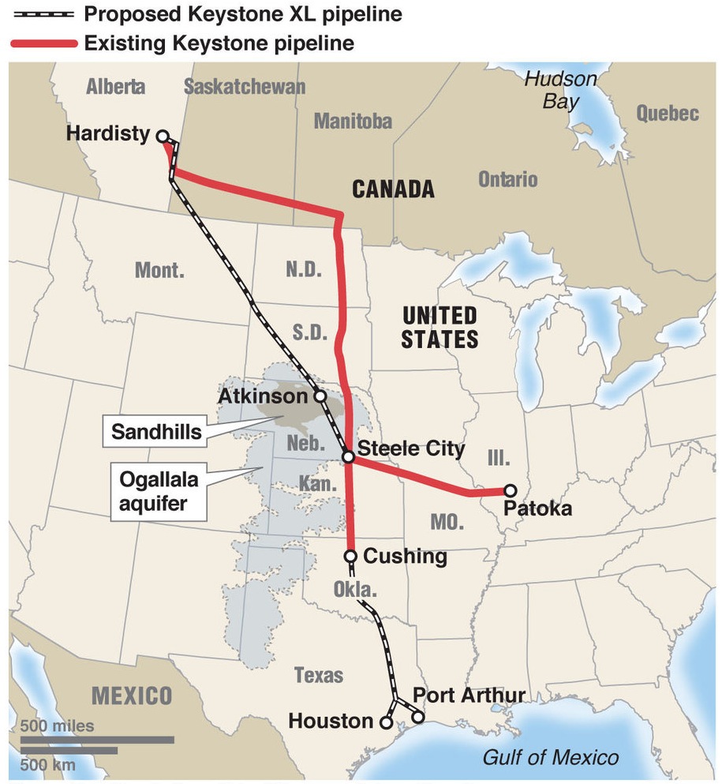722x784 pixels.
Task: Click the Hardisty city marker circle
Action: coord(163,136)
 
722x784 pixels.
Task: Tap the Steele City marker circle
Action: coord(347,456)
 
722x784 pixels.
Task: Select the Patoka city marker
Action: coord(510,490)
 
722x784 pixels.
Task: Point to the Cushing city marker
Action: coord(350,557)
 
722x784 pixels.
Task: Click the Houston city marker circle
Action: coord(386,722)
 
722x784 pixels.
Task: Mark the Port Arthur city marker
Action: coord(417,718)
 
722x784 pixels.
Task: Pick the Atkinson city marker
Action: coord(320,396)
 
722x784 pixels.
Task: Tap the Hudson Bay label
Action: coord(560,90)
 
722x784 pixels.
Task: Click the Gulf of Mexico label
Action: coord(550,758)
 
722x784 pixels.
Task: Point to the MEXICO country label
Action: coord(132,696)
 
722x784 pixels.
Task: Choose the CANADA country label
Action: coord(393,189)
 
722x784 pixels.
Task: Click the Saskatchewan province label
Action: coord(244,86)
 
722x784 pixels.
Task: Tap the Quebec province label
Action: coord(668,113)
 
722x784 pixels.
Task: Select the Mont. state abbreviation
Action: coord(160,271)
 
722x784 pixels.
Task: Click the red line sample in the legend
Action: coord(43,43)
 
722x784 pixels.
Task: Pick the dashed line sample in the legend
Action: coord(43,14)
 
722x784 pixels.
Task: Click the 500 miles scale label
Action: coord(57,726)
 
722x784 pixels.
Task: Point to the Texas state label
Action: coord(319,675)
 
